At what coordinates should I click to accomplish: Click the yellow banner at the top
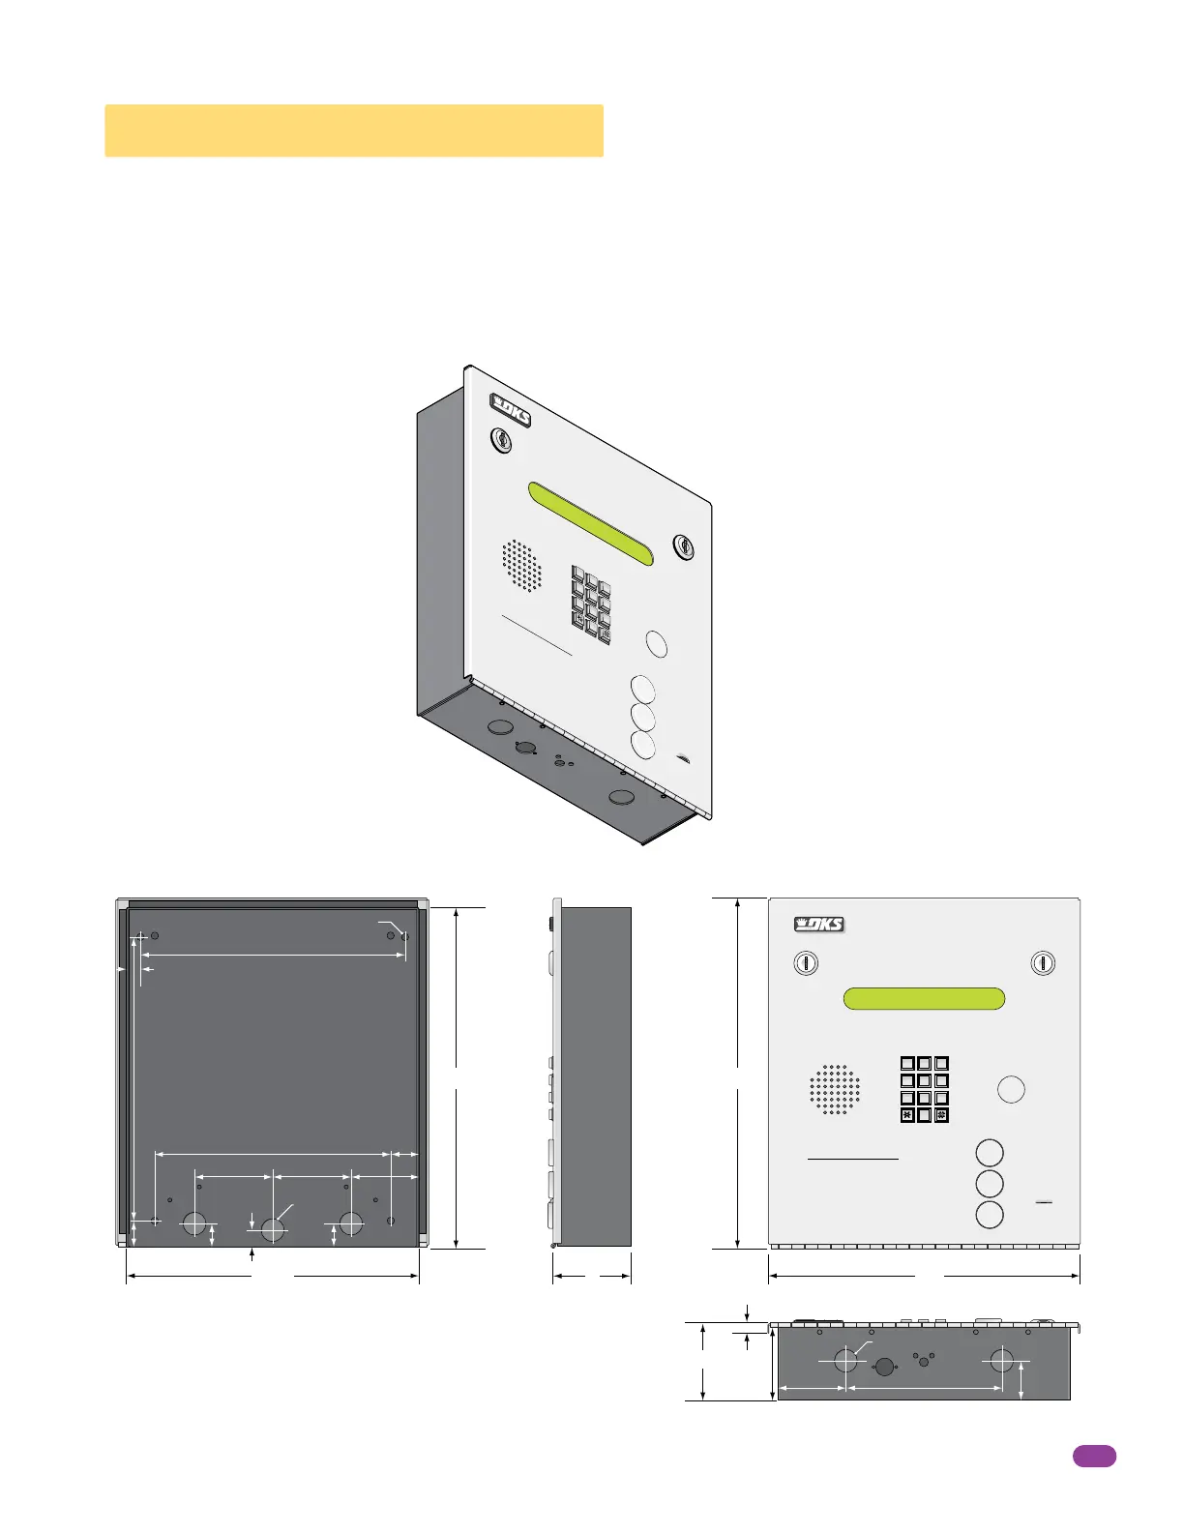point(354,131)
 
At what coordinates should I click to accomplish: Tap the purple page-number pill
point(1094,1457)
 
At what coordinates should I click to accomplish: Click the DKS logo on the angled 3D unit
point(511,409)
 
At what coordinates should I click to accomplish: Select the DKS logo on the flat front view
point(819,925)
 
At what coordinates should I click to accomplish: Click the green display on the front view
point(924,998)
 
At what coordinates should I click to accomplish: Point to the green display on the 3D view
point(590,523)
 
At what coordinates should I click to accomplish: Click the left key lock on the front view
point(806,963)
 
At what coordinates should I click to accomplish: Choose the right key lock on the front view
point(1043,963)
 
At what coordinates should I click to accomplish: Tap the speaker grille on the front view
point(835,1090)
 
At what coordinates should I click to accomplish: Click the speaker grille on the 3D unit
point(522,566)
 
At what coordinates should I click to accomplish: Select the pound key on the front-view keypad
point(941,1115)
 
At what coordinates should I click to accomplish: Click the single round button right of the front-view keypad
point(1011,1089)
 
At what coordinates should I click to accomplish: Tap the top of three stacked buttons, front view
point(990,1153)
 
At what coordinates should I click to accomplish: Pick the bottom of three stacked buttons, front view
point(990,1215)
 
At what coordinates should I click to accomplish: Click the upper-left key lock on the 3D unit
point(501,440)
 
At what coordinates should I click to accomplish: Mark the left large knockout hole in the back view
point(194,1223)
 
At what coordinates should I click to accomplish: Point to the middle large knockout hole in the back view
point(273,1229)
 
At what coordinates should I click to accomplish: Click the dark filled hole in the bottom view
point(883,1367)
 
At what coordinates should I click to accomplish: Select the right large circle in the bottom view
point(1001,1361)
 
